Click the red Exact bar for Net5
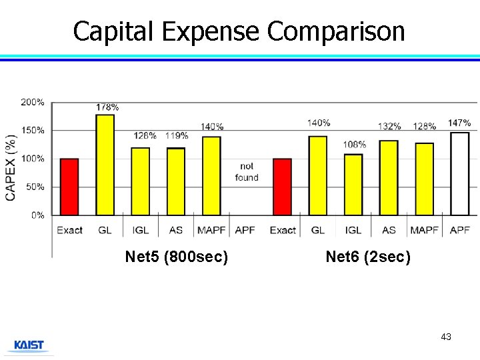click(69, 187)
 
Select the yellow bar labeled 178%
click(105, 165)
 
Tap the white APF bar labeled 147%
click(460, 173)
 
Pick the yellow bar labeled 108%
click(353, 185)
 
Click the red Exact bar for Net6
click(283, 187)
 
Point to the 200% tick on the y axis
click(33, 103)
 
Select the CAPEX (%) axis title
click(11, 167)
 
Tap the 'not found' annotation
click(247, 172)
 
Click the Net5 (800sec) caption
click(177, 257)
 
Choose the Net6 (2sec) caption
click(368, 257)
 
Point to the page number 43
click(446, 337)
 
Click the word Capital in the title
click(113, 31)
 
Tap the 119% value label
click(176, 135)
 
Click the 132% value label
click(389, 126)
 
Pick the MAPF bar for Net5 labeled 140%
click(211, 176)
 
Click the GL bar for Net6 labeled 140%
click(318, 176)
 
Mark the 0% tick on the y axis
click(38, 215)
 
